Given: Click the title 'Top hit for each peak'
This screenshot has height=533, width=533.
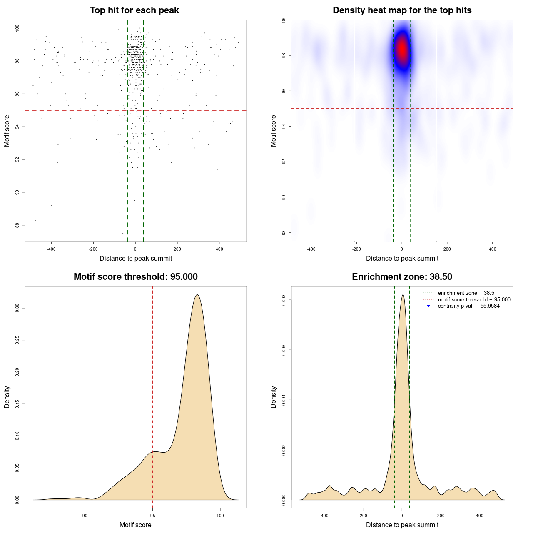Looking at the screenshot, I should pos(134,10).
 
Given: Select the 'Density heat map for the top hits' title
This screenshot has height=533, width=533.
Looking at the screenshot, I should pos(402,10).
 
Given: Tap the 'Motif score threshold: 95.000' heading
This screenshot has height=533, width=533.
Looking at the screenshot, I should pos(135,277).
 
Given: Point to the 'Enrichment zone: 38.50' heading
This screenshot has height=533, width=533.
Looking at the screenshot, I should pos(402,277).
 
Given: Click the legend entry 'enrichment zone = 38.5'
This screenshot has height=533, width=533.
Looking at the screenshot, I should pos(466,293).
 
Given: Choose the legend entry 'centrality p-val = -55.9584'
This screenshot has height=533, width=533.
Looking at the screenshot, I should pos(468,306).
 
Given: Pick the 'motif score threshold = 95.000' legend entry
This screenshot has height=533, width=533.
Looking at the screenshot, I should pos(474,300).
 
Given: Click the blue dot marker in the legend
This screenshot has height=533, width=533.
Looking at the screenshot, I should pos(428,306).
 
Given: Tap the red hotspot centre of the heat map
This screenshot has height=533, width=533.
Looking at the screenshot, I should pos(402,49).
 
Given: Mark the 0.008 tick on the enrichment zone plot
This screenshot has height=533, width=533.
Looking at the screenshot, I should pos(284,300).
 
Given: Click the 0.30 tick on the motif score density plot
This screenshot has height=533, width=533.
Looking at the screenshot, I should pos(17,308).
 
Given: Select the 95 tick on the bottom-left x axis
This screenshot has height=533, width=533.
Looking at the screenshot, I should pos(153,516).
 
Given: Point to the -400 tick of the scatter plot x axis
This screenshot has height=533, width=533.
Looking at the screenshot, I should pos(51,249).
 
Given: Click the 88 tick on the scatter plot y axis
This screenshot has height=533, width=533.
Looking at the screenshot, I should pos(17,225).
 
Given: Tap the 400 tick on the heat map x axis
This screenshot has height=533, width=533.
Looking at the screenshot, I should pos(492,249).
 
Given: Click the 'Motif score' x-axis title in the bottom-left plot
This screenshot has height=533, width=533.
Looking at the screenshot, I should pos(135,525).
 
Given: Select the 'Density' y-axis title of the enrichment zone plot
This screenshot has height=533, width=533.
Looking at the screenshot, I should pos(274,397).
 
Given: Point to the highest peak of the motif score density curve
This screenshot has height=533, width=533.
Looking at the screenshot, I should pos(197,295).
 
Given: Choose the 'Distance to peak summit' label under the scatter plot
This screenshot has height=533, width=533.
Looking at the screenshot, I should pos(136,258).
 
